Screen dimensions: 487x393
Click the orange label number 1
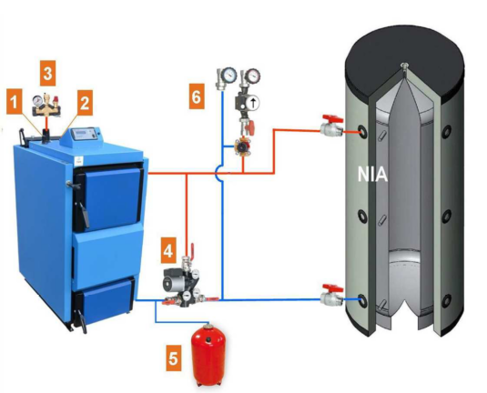(x=15, y=102)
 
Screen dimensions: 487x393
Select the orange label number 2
(x=85, y=103)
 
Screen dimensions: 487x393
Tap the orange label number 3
(x=48, y=74)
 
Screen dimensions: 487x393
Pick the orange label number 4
(x=168, y=250)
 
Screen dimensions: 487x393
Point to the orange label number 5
(x=173, y=358)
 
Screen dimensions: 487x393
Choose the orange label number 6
(x=197, y=96)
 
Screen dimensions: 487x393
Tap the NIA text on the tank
(x=372, y=175)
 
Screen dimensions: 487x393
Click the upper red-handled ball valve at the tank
(x=331, y=126)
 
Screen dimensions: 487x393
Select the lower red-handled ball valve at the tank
(x=331, y=294)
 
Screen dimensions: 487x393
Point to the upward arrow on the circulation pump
(x=254, y=103)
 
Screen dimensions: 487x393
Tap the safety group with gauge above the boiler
(x=46, y=106)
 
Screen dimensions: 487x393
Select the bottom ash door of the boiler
(x=104, y=299)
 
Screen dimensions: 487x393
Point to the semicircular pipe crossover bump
(x=218, y=173)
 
